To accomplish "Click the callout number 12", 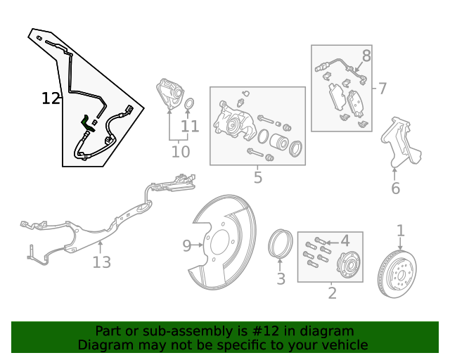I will [51, 98].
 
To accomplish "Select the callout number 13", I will [102, 262].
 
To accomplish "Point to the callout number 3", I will [281, 279].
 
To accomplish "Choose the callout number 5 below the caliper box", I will [258, 177].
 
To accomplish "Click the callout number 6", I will [395, 188].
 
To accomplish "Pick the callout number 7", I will [382, 89].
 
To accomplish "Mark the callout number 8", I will [366, 56].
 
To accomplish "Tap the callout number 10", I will [181, 151].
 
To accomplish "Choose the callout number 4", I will [345, 241].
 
